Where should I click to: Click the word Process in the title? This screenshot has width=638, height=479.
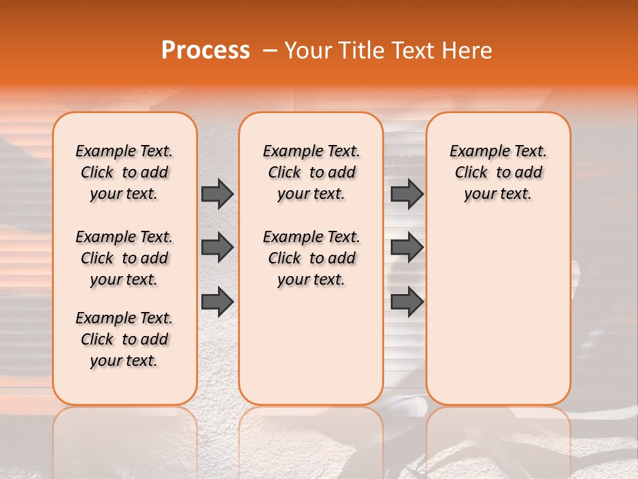[205, 51]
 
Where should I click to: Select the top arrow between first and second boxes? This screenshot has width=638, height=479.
[217, 194]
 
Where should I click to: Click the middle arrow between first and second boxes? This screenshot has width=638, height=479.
[217, 247]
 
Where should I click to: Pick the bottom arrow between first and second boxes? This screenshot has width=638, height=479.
[217, 301]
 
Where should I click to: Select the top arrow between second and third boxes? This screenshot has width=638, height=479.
[407, 194]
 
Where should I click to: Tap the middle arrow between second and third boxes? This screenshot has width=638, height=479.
[407, 247]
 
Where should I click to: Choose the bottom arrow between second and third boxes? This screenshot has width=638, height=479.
[407, 301]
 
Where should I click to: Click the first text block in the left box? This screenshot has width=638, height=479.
[124, 172]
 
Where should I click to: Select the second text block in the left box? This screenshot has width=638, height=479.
[124, 258]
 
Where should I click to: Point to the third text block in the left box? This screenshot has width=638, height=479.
[124, 339]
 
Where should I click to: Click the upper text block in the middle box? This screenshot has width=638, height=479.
[311, 172]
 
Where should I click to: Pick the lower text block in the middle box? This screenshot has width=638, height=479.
[311, 258]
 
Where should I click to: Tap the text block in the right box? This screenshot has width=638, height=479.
[498, 172]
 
